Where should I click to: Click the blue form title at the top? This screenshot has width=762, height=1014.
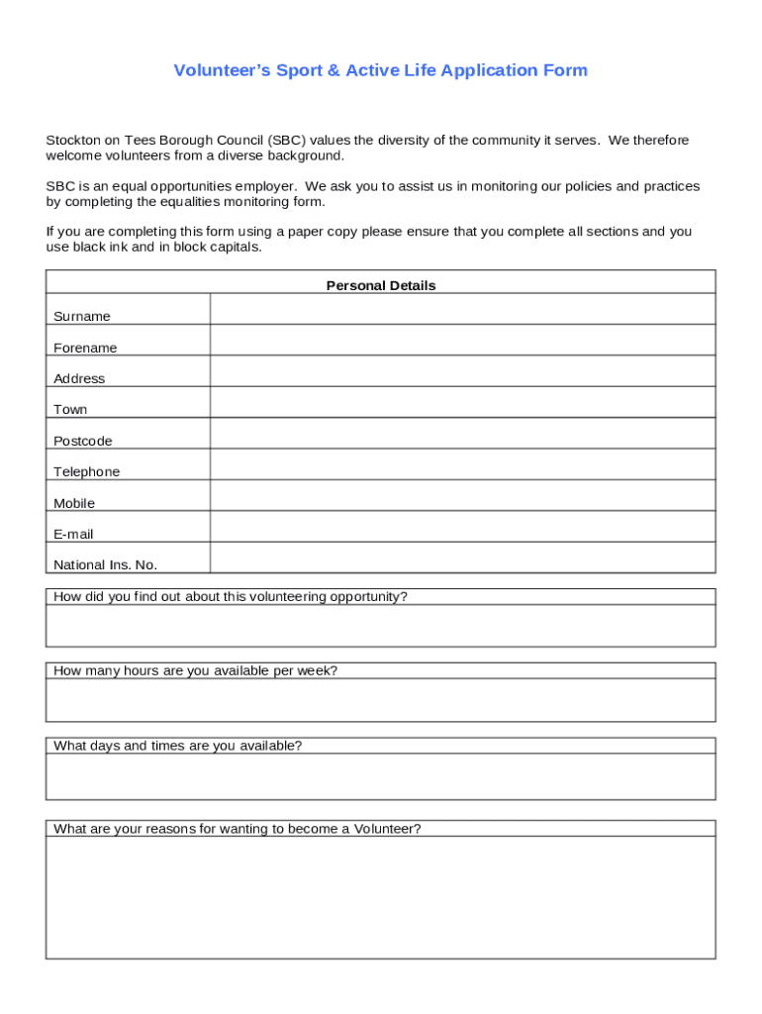click(x=380, y=70)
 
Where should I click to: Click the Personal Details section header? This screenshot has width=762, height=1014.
click(x=380, y=285)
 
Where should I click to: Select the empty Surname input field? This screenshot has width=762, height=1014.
click(x=462, y=310)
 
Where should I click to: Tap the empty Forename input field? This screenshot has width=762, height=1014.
click(x=462, y=341)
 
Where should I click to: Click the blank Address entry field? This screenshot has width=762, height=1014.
click(x=462, y=371)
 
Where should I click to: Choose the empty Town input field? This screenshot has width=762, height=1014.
click(x=462, y=402)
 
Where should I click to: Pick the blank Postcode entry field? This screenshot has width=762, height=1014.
click(x=462, y=434)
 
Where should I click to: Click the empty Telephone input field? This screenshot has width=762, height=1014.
click(x=462, y=464)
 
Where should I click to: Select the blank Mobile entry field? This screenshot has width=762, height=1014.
click(x=462, y=496)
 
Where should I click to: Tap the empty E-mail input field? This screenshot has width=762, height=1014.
click(x=462, y=527)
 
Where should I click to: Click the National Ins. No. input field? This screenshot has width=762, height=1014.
click(x=462, y=558)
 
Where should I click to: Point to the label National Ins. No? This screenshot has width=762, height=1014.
click(x=105, y=565)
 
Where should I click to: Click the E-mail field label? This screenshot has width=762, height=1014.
click(x=74, y=535)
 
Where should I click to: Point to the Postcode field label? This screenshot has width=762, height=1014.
click(x=83, y=442)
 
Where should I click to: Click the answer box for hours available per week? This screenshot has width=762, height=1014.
click(x=380, y=700)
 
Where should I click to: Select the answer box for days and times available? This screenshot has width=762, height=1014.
click(x=380, y=776)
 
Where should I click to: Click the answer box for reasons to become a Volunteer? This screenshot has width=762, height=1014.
click(x=380, y=897)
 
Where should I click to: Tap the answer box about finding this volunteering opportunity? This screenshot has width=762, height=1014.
click(x=380, y=626)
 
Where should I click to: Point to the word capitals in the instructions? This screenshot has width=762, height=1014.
click(x=237, y=248)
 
